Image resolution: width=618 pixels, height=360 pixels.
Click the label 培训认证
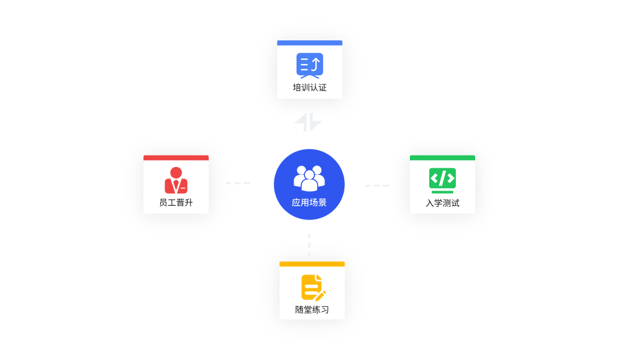click(x=309, y=88)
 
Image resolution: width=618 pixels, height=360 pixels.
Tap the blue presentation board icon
click(x=309, y=65)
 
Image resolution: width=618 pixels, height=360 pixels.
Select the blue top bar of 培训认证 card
click(x=309, y=43)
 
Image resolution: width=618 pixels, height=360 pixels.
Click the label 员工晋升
click(x=176, y=203)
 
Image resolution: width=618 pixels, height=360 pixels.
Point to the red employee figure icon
click(x=176, y=180)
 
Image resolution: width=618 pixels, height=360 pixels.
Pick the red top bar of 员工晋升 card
click(x=176, y=158)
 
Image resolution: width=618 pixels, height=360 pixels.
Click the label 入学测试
click(x=442, y=203)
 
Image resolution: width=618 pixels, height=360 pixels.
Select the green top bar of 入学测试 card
click(x=442, y=158)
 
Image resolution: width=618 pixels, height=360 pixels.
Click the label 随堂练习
click(x=312, y=310)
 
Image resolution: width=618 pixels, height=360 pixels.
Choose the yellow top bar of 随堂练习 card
click(x=312, y=264)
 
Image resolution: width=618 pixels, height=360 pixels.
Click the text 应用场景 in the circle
click(x=309, y=203)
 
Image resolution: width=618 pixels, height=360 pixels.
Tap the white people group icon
click(x=309, y=177)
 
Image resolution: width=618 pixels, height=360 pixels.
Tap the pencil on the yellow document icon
click(x=320, y=295)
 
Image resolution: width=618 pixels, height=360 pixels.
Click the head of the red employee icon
click(x=176, y=172)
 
